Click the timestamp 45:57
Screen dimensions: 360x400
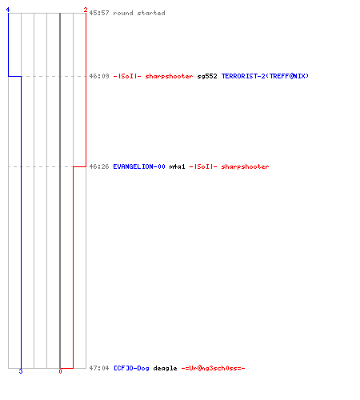[99, 13]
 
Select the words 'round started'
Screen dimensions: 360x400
[139, 13]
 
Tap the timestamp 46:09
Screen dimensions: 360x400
[99, 76]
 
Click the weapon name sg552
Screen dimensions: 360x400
[207, 76]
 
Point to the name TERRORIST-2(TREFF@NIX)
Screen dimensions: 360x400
[265, 76]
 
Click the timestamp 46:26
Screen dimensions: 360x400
[99, 166]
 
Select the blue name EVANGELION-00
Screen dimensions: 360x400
[139, 166]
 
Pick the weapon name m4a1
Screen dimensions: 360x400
[177, 166]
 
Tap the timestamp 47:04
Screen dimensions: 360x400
[99, 368]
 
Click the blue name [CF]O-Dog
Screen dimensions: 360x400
[131, 368]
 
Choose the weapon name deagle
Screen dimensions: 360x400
[165, 368]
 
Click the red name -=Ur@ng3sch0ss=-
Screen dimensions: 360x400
[213, 368]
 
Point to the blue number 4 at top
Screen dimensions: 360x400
[8, 10]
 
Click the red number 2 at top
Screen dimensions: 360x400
[86, 10]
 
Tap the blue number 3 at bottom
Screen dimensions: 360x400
[21, 371]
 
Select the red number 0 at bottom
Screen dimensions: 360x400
[60, 371]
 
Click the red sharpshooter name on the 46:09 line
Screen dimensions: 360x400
[154, 76]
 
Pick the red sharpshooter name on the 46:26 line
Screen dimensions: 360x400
[230, 166]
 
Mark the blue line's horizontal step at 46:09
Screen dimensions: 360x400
[14, 77]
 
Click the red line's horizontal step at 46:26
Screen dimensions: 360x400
[79, 166]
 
